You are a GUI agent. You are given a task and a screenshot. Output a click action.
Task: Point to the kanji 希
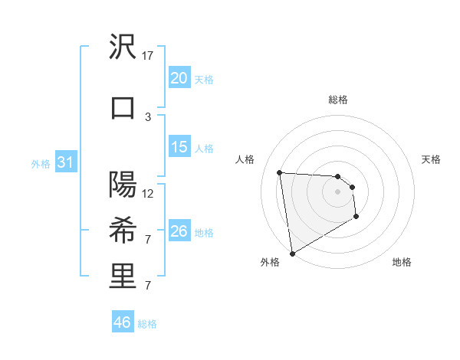(123, 231)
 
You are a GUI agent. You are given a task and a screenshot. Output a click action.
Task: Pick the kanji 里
(123, 277)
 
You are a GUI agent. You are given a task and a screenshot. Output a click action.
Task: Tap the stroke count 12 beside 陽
(149, 193)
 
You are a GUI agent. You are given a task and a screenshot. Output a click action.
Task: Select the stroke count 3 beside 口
(148, 116)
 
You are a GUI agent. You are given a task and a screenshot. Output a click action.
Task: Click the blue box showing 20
(179, 78)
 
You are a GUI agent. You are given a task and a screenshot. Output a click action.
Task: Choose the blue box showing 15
(179, 147)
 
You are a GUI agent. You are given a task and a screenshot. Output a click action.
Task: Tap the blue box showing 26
(179, 231)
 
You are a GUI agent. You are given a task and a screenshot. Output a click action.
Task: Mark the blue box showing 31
(64, 163)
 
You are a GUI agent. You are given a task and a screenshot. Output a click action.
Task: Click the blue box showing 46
(122, 322)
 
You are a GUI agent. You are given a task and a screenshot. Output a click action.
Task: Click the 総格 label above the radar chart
(338, 100)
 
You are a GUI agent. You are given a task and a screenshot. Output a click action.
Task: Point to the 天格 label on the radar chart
(432, 159)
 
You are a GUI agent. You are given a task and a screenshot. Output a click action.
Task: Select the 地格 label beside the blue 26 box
(204, 232)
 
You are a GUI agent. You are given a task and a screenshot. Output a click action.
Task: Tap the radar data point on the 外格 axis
(291, 253)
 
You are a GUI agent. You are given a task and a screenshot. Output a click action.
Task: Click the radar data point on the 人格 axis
(280, 172)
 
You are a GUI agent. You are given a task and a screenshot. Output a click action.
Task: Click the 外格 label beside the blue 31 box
(40, 163)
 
